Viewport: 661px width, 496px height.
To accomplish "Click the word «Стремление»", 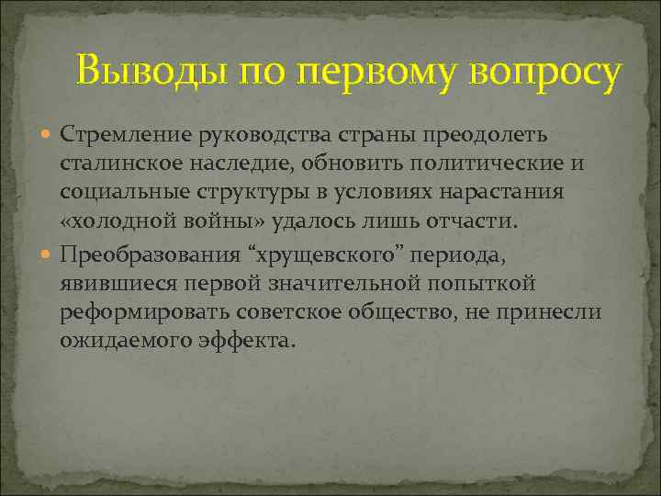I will click(x=125, y=135).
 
